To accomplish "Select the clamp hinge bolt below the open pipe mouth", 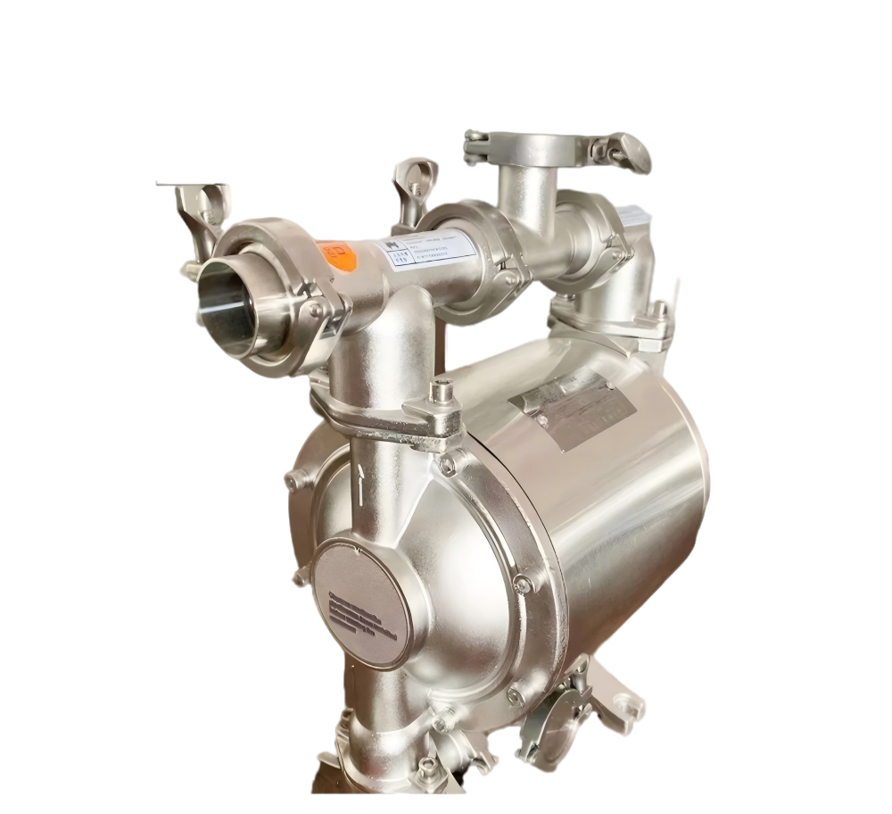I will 317,309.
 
